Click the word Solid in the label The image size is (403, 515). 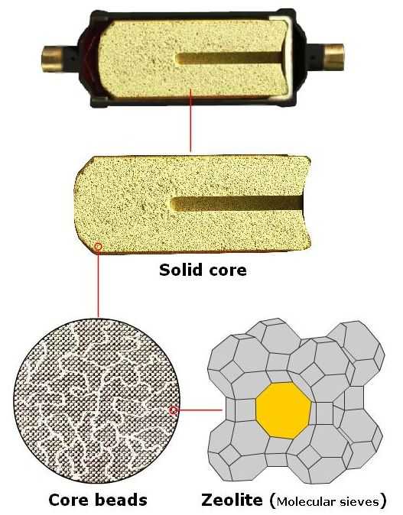(180, 270)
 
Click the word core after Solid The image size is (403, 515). (227, 271)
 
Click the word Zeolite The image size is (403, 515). (232, 500)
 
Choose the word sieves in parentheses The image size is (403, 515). (359, 502)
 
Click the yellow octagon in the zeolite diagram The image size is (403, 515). (284, 410)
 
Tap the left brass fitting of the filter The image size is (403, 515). (52, 59)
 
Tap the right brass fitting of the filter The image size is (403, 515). (333, 57)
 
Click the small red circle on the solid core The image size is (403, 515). (98, 246)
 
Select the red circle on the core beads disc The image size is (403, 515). (174, 410)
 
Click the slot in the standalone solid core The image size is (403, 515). (237, 204)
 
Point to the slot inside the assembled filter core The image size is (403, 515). (229, 59)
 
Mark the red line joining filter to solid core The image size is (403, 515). (190, 120)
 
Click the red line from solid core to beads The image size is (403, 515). (98, 283)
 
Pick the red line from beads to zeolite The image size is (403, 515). (200, 410)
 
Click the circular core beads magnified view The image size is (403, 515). (96, 400)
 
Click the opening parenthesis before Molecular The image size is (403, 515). (272, 501)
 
